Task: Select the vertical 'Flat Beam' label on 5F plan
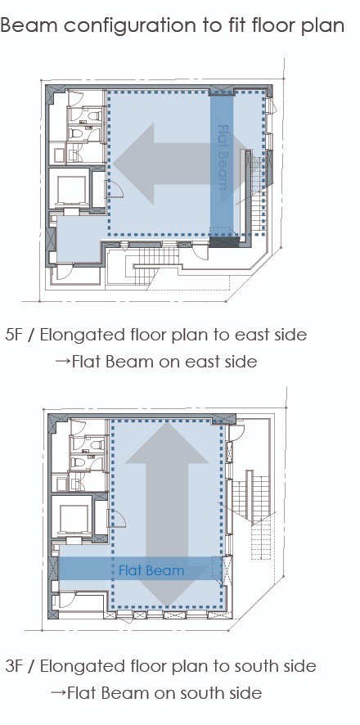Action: click(223, 157)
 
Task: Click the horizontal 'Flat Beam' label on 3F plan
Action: click(151, 570)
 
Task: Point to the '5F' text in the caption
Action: click(14, 335)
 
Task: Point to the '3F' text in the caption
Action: click(15, 666)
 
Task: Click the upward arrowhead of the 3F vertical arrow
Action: click(167, 443)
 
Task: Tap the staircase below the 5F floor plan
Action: click(152, 267)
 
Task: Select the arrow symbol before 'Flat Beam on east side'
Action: click(61, 362)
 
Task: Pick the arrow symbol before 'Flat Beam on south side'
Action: click(57, 692)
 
